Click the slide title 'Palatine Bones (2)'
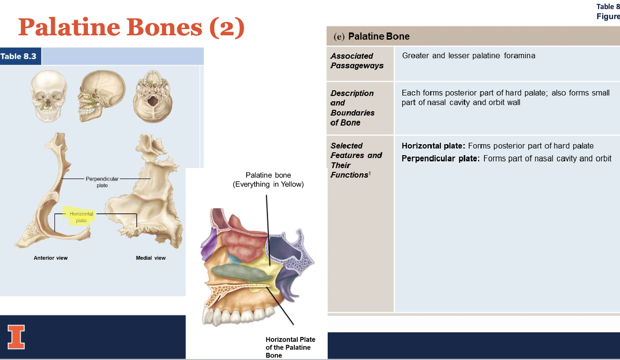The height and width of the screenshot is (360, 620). (131, 27)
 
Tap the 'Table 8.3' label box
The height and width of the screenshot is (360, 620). (19, 56)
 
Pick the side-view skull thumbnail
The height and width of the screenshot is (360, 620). (101, 95)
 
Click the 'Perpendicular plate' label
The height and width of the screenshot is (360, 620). (102, 182)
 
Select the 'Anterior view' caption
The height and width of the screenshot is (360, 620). (51, 258)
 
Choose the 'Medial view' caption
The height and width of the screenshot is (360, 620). (151, 258)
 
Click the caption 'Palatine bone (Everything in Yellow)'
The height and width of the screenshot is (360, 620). (268, 180)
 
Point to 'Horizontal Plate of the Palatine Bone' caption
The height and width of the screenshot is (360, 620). (290, 347)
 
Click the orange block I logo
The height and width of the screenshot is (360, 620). (16, 337)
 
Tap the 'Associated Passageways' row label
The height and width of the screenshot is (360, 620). (357, 61)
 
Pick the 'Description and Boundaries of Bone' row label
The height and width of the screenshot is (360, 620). (353, 108)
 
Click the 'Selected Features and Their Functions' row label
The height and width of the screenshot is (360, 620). (356, 160)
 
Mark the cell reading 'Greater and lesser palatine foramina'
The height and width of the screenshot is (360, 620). (469, 56)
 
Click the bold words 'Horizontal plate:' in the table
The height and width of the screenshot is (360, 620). (433, 146)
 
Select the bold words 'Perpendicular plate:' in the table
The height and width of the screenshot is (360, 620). (440, 159)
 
